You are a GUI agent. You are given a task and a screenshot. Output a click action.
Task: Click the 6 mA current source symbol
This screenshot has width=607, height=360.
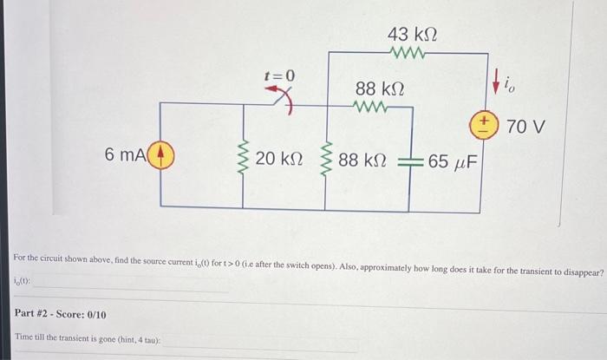(164, 156)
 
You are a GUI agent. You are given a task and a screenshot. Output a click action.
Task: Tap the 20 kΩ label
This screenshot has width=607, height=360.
(279, 160)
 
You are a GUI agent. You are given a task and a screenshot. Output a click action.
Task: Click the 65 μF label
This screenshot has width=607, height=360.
(452, 161)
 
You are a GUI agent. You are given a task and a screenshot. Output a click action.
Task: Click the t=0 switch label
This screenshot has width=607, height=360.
(279, 76)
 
